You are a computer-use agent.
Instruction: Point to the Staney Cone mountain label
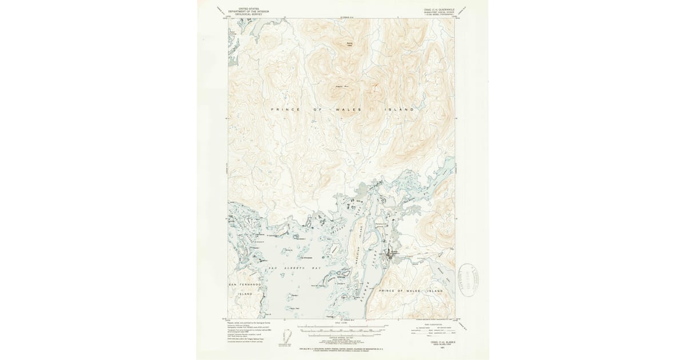[x=349, y=44]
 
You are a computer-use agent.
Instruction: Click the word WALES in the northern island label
[x=348, y=109]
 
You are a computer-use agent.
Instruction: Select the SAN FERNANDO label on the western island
[x=245, y=284]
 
